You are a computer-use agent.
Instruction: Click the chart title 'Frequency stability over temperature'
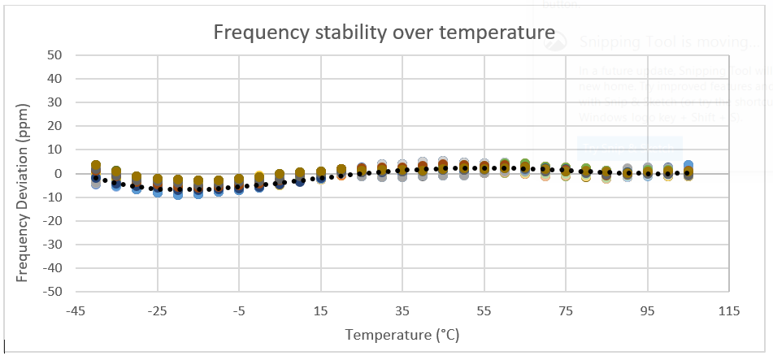pyautogui.click(x=384, y=33)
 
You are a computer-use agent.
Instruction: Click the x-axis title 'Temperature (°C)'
pyautogui.click(x=401, y=334)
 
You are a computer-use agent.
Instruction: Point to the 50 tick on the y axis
pyautogui.click(x=57, y=55)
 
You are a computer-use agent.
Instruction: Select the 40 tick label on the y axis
pyautogui.click(x=57, y=79)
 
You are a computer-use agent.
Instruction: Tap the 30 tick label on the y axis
pyautogui.click(x=57, y=102)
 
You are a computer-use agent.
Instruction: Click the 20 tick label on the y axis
pyautogui.click(x=57, y=126)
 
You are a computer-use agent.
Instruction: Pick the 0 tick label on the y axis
pyautogui.click(x=60, y=173)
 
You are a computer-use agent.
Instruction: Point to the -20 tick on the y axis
pyautogui.click(x=54, y=220)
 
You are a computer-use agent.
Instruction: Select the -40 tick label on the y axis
pyautogui.click(x=54, y=267)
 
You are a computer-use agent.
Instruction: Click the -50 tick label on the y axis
pyautogui.click(x=54, y=291)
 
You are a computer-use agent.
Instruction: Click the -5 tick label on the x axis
pyautogui.click(x=239, y=310)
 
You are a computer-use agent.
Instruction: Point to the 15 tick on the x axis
pyautogui.click(x=321, y=310)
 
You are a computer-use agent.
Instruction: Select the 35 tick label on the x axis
pyautogui.click(x=402, y=310)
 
